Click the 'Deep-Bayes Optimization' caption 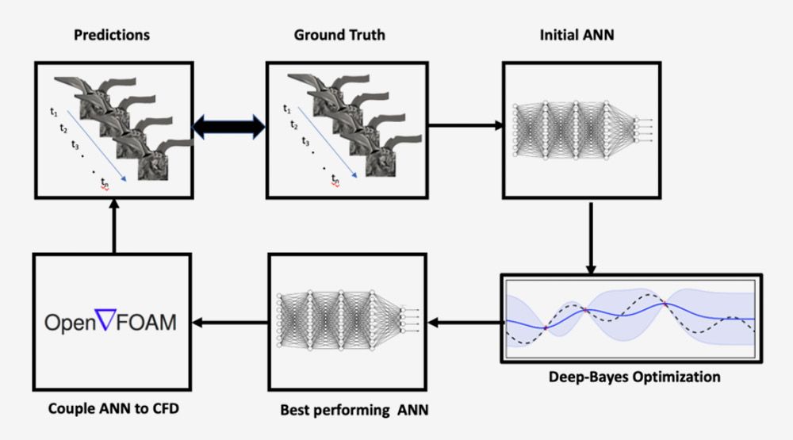(x=634, y=377)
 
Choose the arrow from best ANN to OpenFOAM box (x=231, y=322)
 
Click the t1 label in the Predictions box (x=54, y=113)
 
